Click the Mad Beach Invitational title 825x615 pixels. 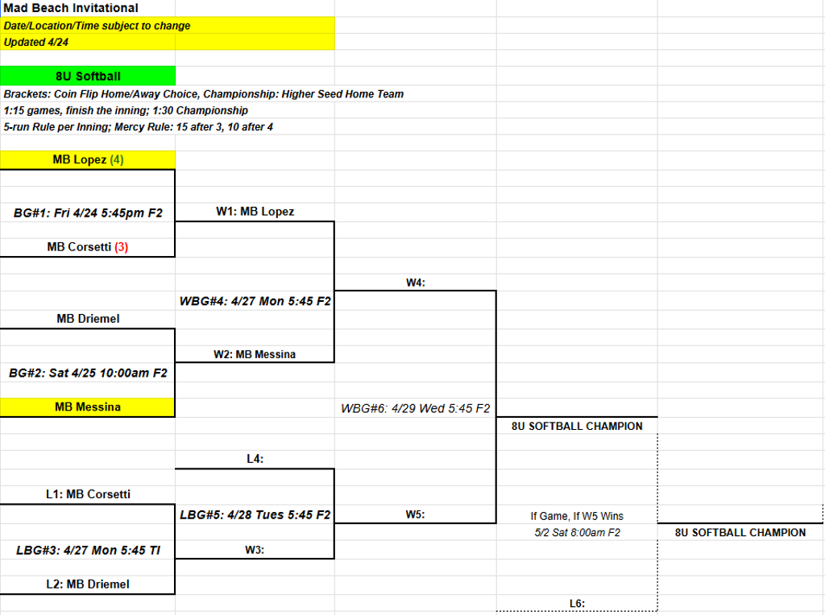(71, 8)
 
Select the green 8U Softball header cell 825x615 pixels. (88, 76)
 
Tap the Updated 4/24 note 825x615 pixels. (35, 42)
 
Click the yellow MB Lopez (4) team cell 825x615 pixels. (88, 160)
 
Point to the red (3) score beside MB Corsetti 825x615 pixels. (122, 247)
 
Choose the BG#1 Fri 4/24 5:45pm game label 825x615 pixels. (88, 213)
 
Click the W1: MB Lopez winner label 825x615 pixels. (255, 212)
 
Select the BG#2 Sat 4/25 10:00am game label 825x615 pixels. (88, 373)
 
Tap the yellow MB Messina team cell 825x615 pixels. (88, 407)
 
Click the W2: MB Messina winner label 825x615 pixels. (255, 354)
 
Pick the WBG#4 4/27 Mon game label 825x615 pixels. (255, 301)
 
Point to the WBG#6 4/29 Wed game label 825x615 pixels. (416, 408)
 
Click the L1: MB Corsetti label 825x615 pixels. (88, 494)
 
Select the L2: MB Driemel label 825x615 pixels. (88, 584)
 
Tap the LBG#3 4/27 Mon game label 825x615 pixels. (88, 551)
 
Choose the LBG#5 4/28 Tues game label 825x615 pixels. (255, 514)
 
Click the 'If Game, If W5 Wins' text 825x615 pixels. (577, 516)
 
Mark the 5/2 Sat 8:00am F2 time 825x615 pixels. (577, 532)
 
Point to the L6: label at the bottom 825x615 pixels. (577, 604)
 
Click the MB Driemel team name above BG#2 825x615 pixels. (88, 319)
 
